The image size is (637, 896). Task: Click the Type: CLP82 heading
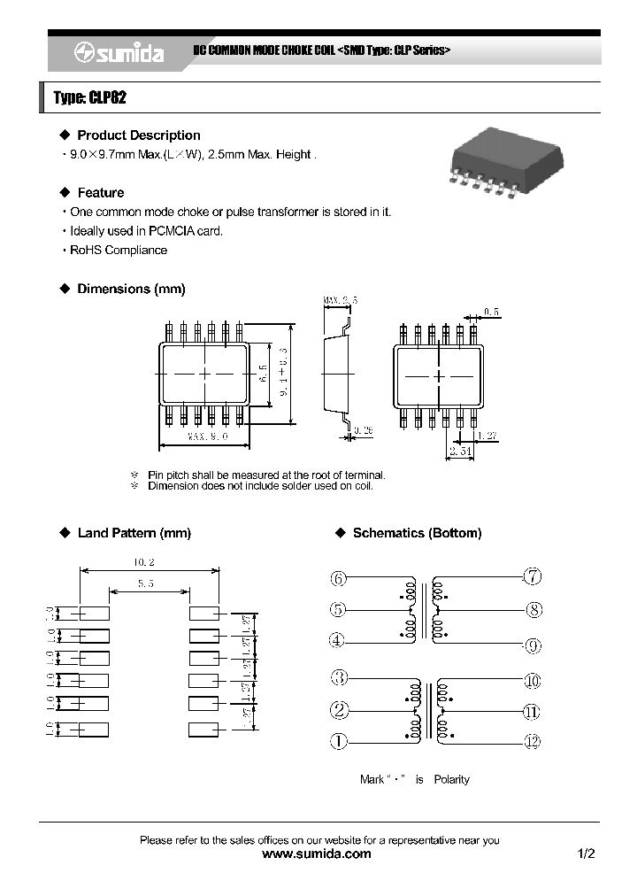(90, 98)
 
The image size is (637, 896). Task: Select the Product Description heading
(138, 135)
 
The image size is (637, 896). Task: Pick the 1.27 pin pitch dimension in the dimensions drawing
(486, 436)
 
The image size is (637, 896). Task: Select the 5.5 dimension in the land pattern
(148, 584)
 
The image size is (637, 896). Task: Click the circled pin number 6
(339, 579)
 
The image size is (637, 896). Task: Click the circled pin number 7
(533, 577)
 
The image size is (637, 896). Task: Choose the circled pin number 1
(339, 742)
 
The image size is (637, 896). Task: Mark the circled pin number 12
(532, 742)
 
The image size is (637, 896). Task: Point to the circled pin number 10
(532, 681)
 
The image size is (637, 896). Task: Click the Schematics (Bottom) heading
(417, 533)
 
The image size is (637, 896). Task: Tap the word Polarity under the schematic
(451, 780)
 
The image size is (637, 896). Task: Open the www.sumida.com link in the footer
(318, 854)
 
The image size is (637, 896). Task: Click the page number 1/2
(587, 854)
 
